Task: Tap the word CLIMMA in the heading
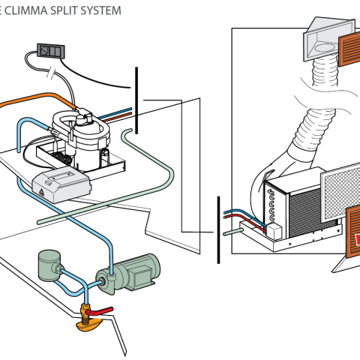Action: pyautogui.click(x=26, y=10)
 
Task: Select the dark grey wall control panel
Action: pyautogui.click(x=51, y=51)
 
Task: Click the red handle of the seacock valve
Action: pyautogui.click(x=99, y=311)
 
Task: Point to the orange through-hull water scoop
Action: pyautogui.click(x=89, y=325)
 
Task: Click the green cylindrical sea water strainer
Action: pyautogui.click(x=49, y=265)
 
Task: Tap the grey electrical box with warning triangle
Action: pyautogui.click(x=61, y=184)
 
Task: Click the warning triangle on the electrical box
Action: pyautogui.click(x=41, y=191)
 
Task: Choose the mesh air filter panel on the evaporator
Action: pyautogui.click(x=340, y=192)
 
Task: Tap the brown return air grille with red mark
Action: pyautogui.click(x=353, y=231)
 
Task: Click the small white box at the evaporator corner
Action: pyautogui.click(x=274, y=232)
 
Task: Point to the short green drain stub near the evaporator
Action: pyautogui.click(x=233, y=232)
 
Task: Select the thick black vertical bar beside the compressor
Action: pyautogui.click(x=136, y=100)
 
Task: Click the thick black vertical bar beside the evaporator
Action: pyautogui.click(x=218, y=229)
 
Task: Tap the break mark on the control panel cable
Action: pyautogui.click(x=52, y=73)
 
